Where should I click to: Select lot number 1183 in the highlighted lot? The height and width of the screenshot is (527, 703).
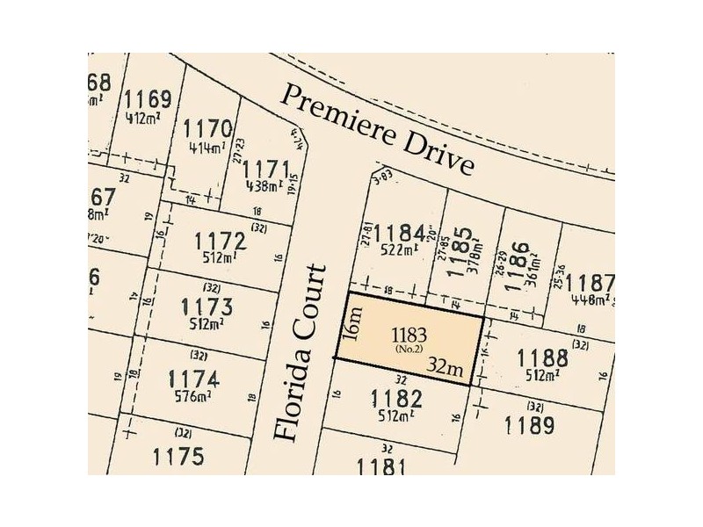point(409,334)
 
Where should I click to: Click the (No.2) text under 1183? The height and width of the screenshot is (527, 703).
point(409,350)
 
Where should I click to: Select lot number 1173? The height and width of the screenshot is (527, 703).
point(207,307)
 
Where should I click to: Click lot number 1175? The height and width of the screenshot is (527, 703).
point(178,457)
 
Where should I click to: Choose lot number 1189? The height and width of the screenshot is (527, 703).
point(530,426)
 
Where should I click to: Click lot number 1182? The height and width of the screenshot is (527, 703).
point(396,400)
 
